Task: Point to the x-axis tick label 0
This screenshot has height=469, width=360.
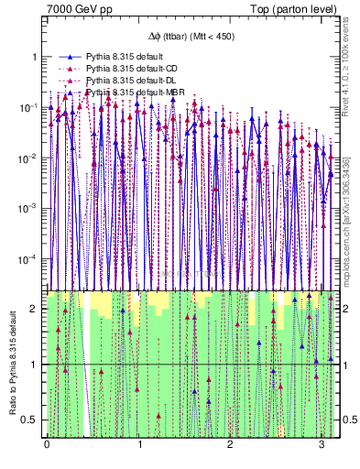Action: click(48, 444)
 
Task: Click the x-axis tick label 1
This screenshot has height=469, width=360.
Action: click(139, 444)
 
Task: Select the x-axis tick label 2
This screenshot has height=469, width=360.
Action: click(230, 444)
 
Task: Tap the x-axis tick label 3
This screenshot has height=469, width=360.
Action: click(322, 444)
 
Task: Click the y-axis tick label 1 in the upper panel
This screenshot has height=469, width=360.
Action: click(36, 57)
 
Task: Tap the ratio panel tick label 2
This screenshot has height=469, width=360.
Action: click(36, 309)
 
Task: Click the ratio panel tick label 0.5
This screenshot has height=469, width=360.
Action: click(32, 420)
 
